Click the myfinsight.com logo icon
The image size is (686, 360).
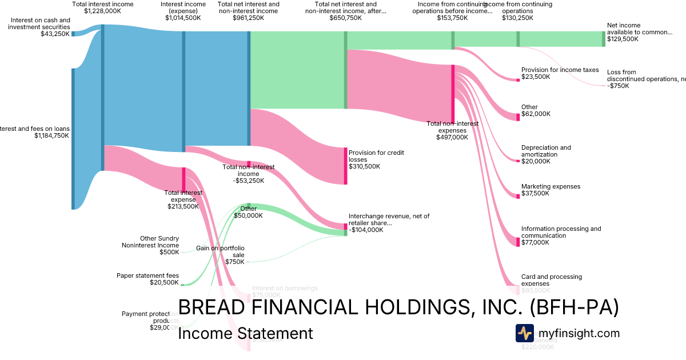pyautogui.click(x=524, y=333)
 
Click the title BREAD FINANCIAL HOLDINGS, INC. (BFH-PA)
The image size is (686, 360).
pyautogui.click(x=398, y=307)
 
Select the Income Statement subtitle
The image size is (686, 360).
pyautogui.click(x=245, y=333)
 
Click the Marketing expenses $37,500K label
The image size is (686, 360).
pyautogui.click(x=551, y=190)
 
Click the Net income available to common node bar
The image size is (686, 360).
pyautogui.click(x=603, y=39)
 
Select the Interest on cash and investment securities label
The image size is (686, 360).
pyautogui.click(x=39, y=27)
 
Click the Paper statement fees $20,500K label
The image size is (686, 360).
pyautogui.click(x=147, y=279)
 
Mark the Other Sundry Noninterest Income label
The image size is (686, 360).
pyautogui.click(x=150, y=245)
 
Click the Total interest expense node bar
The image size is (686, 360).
pyautogui.click(x=184, y=179)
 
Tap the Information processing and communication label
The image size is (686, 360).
pyautogui.click(x=561, y=235)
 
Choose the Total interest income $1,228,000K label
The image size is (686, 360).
pyautogui.click(x=103, y=7)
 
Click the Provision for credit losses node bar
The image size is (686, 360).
pyautogui.click(x=345, y=166)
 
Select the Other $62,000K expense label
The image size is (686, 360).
pyautogui.click(x=536, y=110)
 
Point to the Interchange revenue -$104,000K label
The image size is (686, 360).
pyautogui.click(x=389, y=223)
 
